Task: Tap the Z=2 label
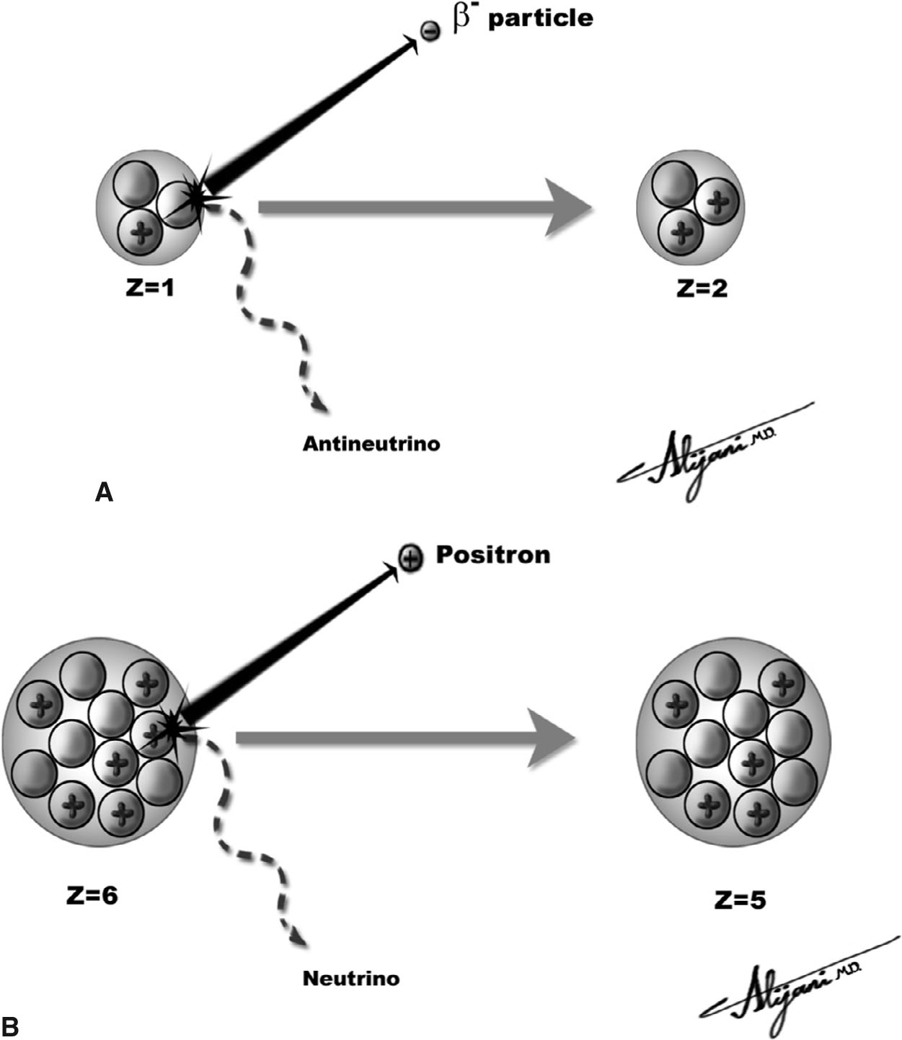pos(702,288)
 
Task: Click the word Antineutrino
pos(371,443)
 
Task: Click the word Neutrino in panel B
pos(350,979)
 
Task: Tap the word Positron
pos(492,555)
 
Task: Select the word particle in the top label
pos(540,19)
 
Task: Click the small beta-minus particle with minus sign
pos(430,31)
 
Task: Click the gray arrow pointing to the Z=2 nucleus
pos(425,208)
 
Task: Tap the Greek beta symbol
pos(462,19)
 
